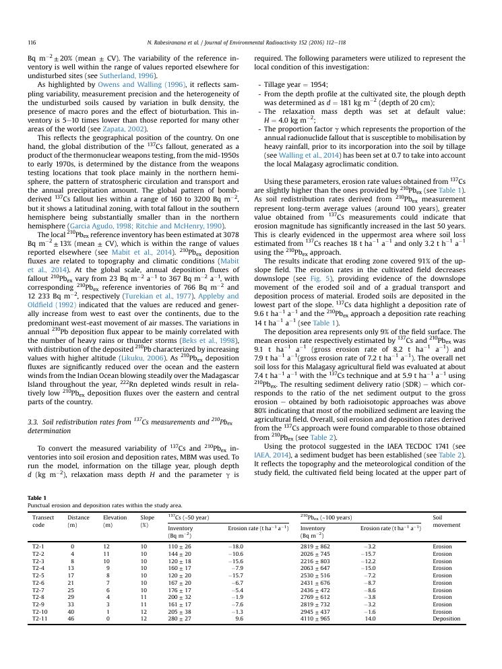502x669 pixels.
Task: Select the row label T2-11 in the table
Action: coord(40,618)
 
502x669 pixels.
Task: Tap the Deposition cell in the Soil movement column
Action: coord(446,618)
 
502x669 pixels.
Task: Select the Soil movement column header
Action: coord(446,521)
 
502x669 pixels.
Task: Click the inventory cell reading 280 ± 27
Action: coord(179,618)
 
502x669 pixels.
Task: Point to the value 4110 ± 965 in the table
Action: coord(315,618)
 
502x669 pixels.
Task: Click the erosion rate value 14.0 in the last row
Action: coord(371,618)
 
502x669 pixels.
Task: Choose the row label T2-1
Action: coord(39,547)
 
